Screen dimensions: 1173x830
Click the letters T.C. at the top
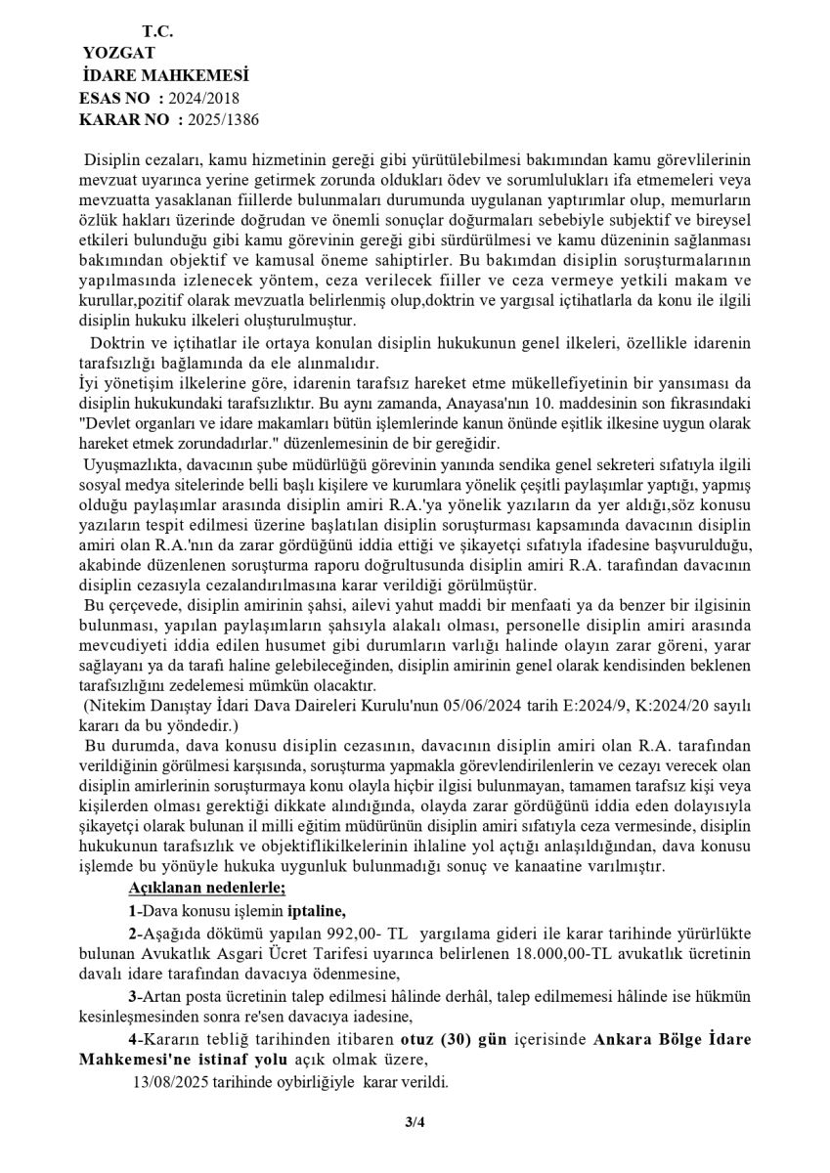157,31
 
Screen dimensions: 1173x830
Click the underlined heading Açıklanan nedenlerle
206,887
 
